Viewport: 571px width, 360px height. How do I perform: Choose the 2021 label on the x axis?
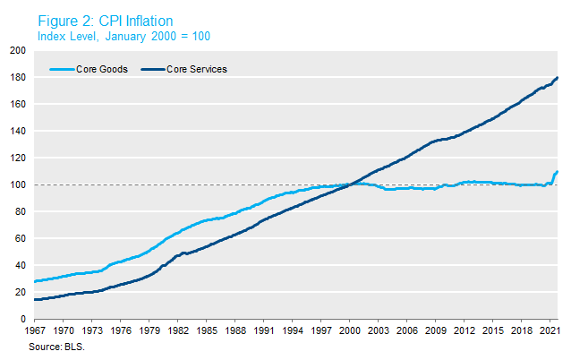[x=548, y=330]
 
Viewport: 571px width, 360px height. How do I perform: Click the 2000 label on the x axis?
[x=350, y=330]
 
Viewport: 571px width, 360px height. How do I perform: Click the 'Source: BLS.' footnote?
[x=56, y=343]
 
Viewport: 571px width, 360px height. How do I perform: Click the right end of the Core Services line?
[x=558, y=78]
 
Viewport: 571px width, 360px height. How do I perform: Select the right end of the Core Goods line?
[x=558, y=171]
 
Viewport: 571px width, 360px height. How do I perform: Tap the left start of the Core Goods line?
[x=34, y=281]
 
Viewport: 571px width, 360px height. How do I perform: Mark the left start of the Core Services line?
[x=34, y=299]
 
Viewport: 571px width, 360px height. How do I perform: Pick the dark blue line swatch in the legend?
[x=149, y=69]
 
